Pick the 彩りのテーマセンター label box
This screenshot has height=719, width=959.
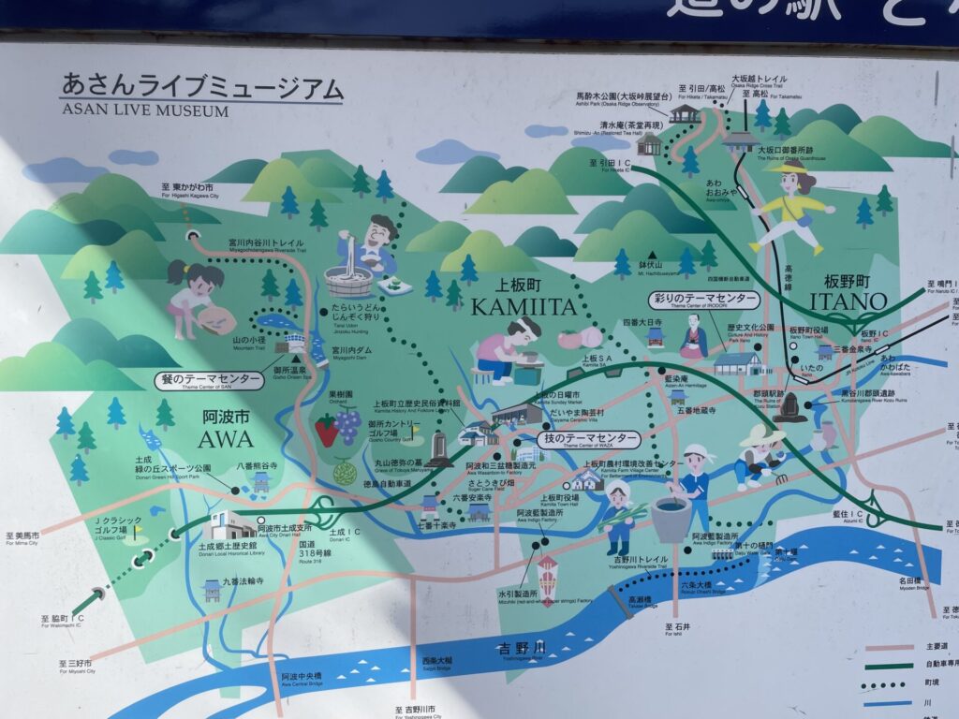pyautogui.click(x=704, y=300)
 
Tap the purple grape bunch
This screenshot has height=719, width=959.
pyautogui.click(x=349, y=426)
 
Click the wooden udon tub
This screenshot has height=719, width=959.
pyautogui.click(x=347, y=279)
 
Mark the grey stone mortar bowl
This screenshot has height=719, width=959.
pyautogui.click(x=671, y=517)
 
